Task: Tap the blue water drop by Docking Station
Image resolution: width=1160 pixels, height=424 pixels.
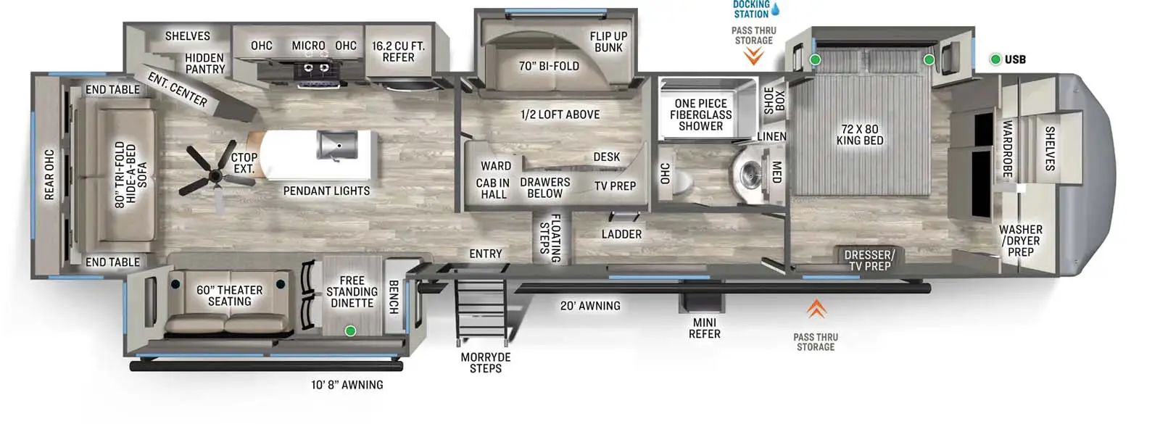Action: [x=775, y=9]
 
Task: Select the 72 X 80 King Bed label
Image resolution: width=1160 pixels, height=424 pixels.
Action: [x=860, y=135]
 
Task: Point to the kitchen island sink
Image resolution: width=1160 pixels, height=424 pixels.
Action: [x=337, y=145]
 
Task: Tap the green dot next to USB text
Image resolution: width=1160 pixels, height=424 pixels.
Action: [x=995, y=59]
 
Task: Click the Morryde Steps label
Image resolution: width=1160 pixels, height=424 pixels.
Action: [x=486, y=362]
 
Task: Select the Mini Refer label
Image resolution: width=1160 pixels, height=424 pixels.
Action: [x=704, y=328]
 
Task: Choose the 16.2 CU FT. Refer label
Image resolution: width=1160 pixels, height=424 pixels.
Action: [x=398, y=51]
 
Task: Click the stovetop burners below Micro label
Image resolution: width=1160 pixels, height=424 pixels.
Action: [x=315, y=69]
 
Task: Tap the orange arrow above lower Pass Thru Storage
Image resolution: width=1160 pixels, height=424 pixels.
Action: [x=816, y=309]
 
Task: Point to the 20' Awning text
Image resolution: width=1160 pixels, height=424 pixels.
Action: [x=590, y=306]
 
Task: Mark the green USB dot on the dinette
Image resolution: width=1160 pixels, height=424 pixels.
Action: [x=350, y=331]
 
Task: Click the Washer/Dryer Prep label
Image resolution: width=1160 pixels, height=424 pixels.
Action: [x=1020, y=241]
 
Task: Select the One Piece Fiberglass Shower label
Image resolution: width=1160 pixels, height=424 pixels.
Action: [x=700, y=115]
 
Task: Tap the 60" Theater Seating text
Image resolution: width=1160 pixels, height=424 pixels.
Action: [x=229, y=296]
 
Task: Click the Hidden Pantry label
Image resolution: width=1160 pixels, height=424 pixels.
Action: [x=204, y=64]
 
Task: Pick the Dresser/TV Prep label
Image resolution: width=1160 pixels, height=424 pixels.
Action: [x=869, y=260]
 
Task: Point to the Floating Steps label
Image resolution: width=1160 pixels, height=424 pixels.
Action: [x=550, y=237]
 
